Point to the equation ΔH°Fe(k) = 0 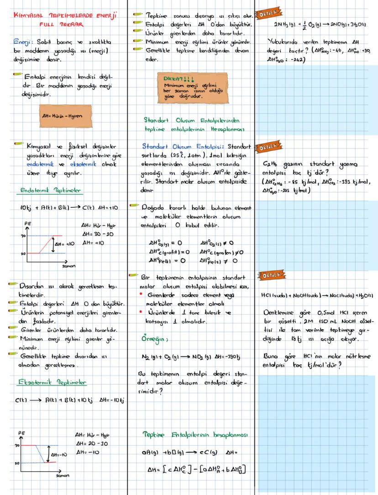point(166,261)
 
